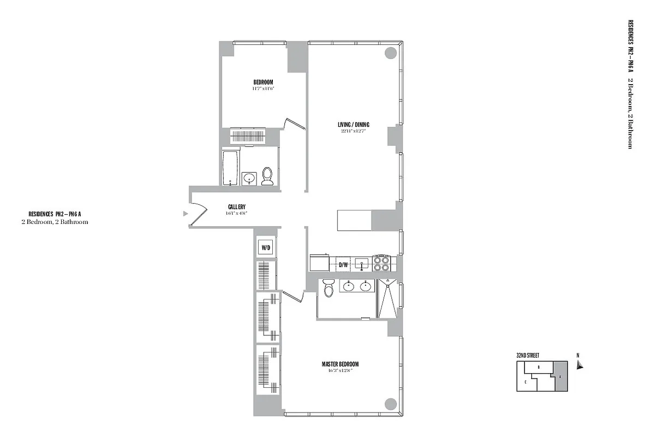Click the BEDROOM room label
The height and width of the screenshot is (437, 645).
(x=263, y=82)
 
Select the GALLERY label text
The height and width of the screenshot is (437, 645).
(x=236, y=206)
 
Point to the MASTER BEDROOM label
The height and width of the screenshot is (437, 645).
(x=340, y=364)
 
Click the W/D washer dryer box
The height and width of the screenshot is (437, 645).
(x=266, y=247)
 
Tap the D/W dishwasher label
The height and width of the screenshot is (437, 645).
(x=343, y=265)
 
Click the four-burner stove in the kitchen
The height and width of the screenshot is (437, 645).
(x=381, y=263)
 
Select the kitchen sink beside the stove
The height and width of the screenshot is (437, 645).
(x=362, y=264)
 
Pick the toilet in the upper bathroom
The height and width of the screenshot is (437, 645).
(x=267, y=176)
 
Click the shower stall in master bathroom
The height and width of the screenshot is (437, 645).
(x=388, y=298)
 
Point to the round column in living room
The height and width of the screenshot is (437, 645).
(x=390, y=53)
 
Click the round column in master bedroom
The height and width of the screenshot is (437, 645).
(x=390, y=404)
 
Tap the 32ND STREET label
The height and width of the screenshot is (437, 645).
(x=528, y=355)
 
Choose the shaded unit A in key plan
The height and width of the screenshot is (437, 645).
(x=560, y=376)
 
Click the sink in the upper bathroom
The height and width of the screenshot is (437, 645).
(x=249, y=178)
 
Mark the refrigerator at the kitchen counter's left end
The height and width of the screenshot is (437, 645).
(x=318, y=263)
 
